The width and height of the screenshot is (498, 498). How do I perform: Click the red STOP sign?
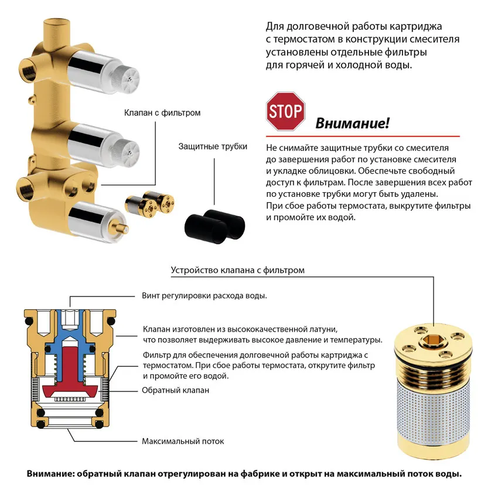click(285, 111)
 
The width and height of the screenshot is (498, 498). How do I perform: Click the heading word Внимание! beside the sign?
click(352, 124)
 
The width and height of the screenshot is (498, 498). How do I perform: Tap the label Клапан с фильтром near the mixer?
click(162, 112)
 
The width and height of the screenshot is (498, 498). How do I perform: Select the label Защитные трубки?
click(213, 146)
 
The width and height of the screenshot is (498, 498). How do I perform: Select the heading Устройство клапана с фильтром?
click(237, 270)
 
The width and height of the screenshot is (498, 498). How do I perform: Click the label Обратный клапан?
click(175, 390)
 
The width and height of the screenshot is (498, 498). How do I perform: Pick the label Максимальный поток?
click(182, 441)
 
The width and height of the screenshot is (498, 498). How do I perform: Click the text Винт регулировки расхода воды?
click(204, 296)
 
